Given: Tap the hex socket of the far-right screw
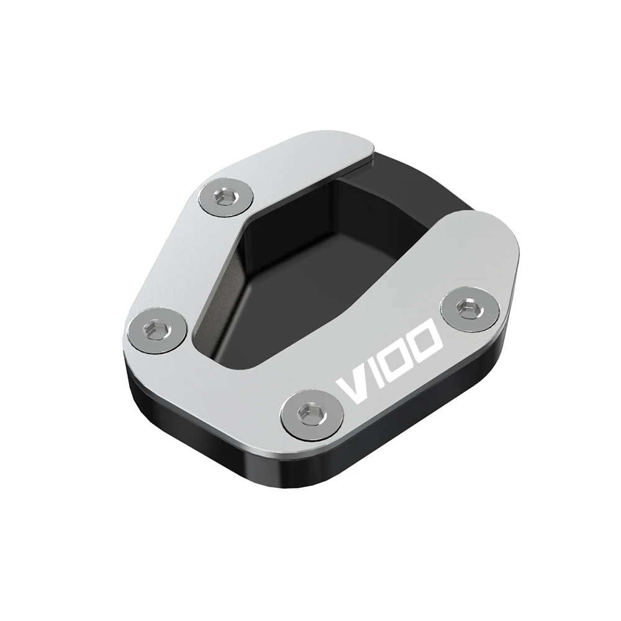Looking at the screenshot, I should [465, 307].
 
